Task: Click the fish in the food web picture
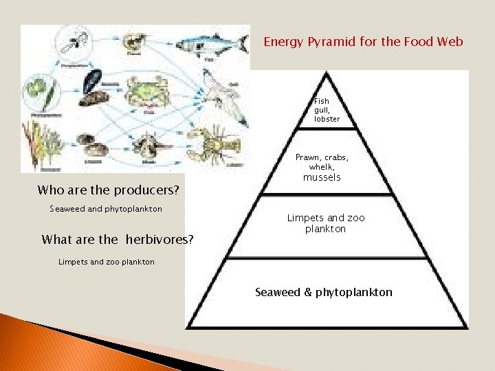(210, 43)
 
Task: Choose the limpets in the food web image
(93, 146)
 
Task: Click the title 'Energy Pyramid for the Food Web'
(363, 42)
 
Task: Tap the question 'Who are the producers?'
(108, 190)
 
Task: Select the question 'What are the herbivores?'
(118, 240)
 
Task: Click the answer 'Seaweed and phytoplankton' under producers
(106, 209)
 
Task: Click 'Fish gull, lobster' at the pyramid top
(327, 110)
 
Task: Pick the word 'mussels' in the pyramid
(322, 177)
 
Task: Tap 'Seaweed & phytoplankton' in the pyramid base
(324, 293)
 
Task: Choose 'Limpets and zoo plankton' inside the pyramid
(326, 223)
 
